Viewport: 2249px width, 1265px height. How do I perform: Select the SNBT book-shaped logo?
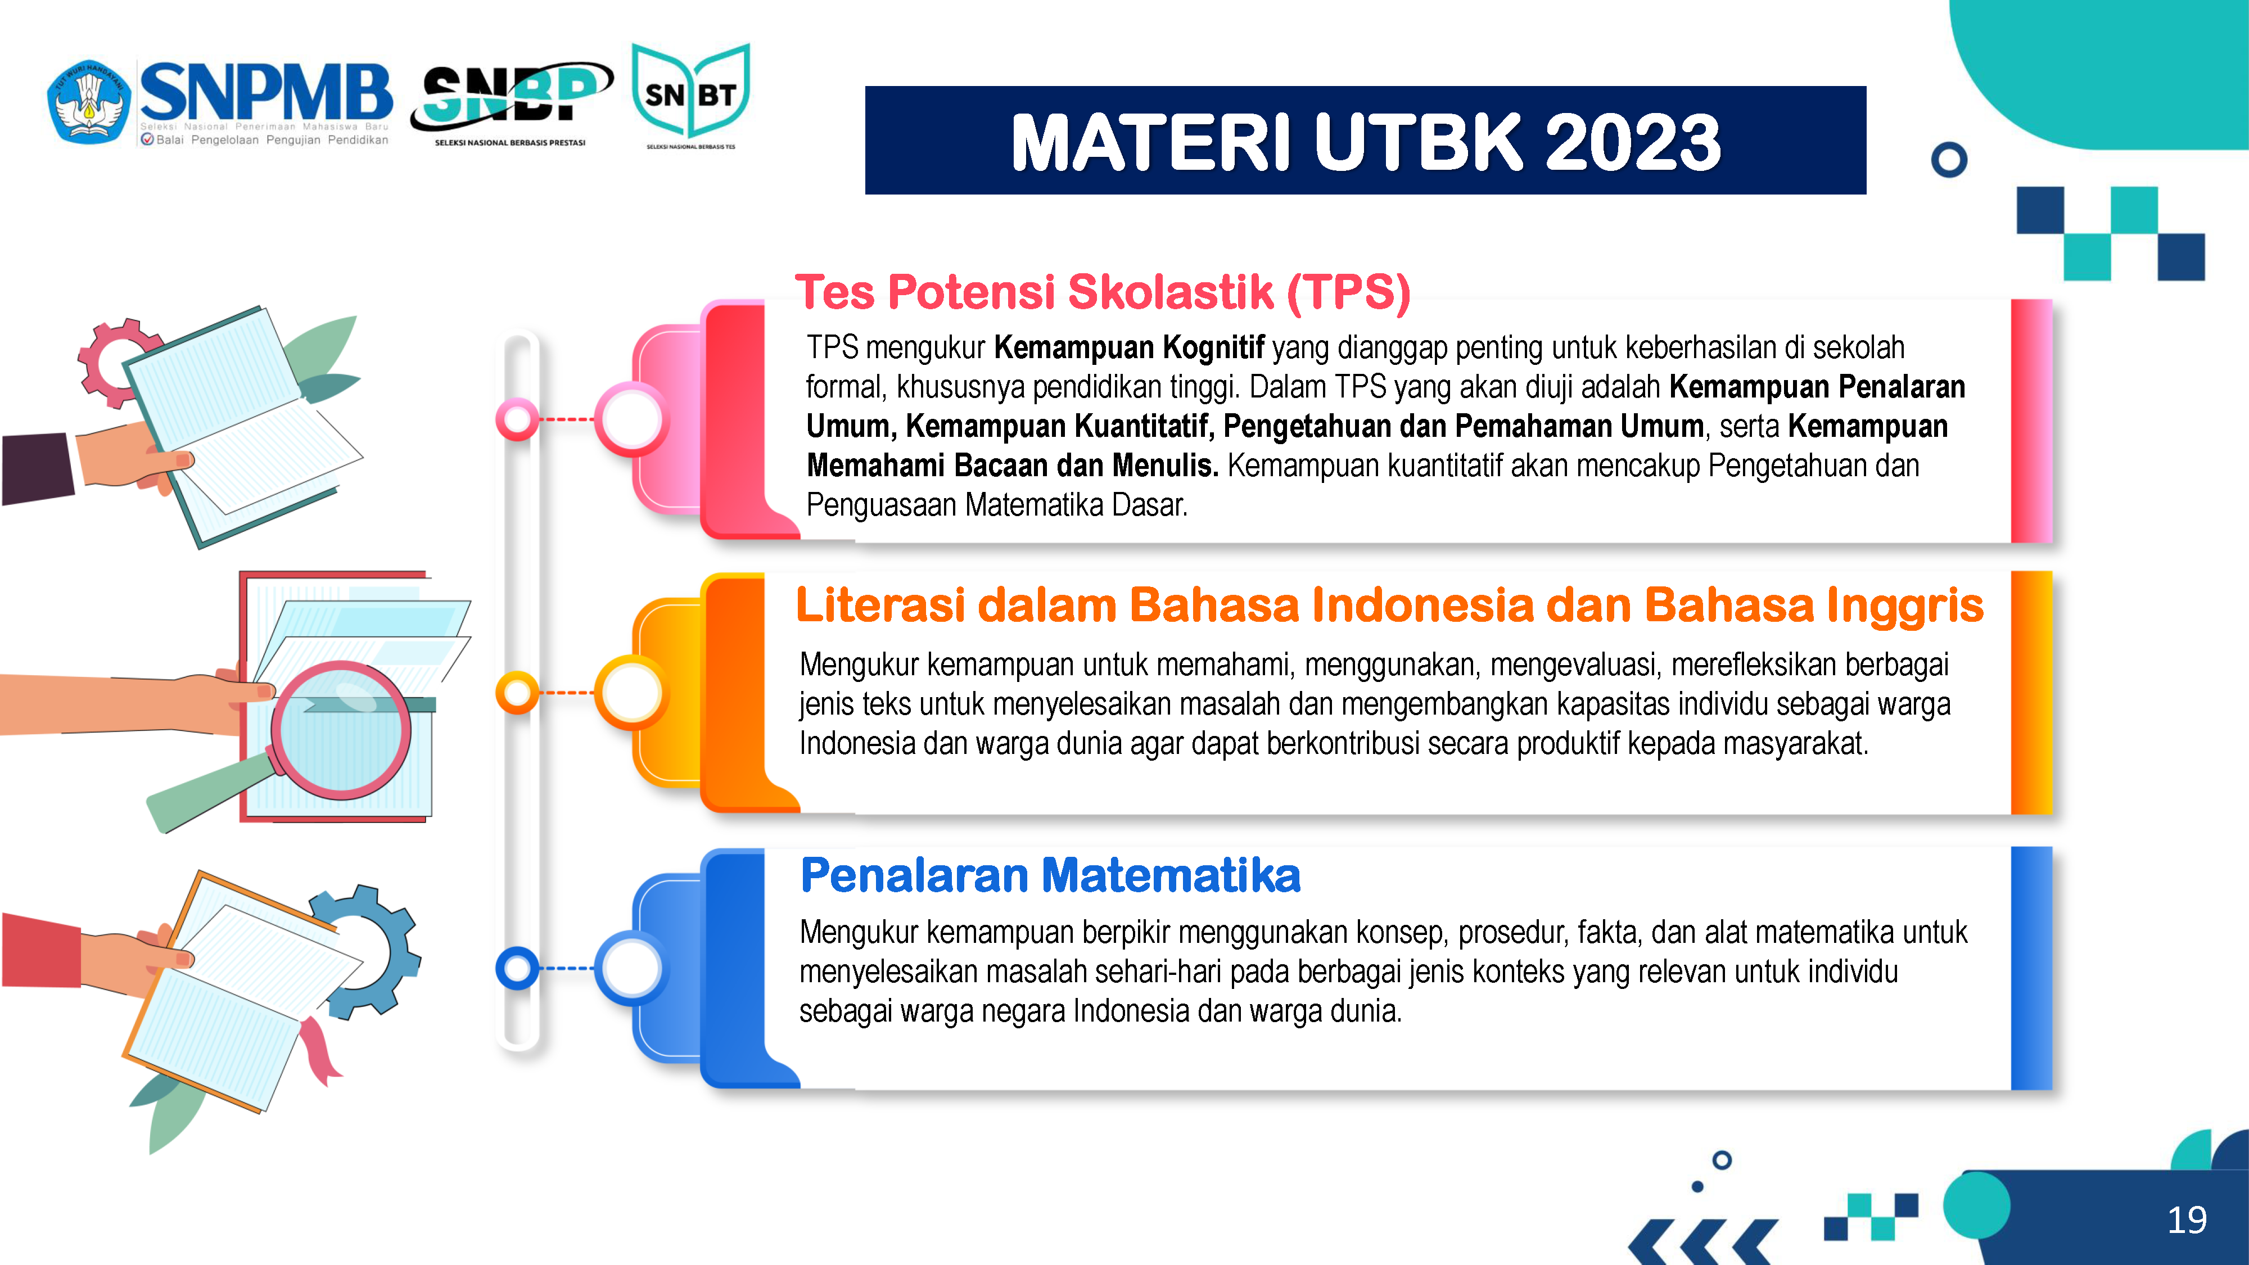(x=690, y=94)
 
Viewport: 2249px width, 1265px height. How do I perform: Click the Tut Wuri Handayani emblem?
(x=89, y=101)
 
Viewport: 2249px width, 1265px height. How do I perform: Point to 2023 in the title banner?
(x=1633, y=142)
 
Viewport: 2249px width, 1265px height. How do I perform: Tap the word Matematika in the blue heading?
(x=1172, y=875)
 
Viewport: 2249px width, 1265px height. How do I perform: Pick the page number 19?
(x=2187, y=1219)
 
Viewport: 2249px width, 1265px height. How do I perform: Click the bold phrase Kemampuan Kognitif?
(x=1129, y=347)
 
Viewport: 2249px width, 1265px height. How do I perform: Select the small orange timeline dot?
(x=518, y=693)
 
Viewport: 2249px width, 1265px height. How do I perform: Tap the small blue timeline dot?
(x=518, y=968)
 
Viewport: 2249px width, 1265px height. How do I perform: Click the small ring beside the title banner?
(x=1949, y=160)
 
